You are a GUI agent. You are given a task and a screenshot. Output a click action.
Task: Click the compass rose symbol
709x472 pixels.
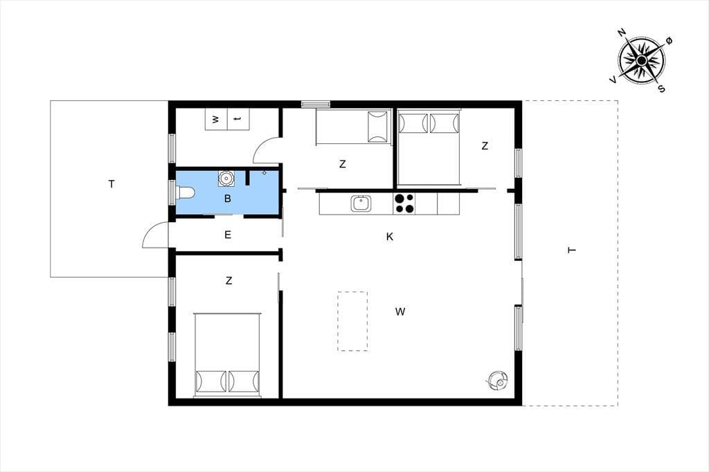pyautogui.click(x=641, y=60)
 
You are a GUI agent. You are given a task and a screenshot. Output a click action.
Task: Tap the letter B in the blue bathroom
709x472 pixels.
pyautogui.click(x=227, y=199)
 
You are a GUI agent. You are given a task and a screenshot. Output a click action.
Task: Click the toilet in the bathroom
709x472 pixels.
pyautogui.click(x=185, y=193)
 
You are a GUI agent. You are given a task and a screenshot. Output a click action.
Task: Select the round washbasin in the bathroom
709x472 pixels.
pyautogui.click(x=226, y=178)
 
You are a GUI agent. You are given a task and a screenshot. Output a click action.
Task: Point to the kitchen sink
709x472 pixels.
pyautogui.click(x=361, y=203)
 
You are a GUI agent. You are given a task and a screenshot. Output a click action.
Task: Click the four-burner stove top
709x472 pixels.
pyautogui.click(x=404, y=203)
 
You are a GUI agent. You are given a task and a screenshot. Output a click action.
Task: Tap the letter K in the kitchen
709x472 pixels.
pyautogui.click(x=389, y=237)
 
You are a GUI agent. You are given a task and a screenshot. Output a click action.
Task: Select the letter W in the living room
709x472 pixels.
pyautogui.click(x=400, y=311)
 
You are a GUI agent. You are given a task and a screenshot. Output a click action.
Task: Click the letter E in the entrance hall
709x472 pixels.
pyautogui.click(x=227, y=235)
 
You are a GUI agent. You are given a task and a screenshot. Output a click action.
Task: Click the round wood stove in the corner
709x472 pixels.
pyautogui.click(x=497, y=380)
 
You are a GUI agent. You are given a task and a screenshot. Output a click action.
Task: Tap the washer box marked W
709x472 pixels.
pyautogui.click(x=216, y=119)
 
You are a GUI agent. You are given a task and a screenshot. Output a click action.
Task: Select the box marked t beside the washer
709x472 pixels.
pyautogui.click(x=238, y=119)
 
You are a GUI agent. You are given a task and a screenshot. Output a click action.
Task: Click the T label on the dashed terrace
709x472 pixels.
pyautogui.click(x=571, y=250)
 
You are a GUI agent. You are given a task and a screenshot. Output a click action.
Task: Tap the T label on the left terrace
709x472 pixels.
pyautogui.click(x=111, y=184)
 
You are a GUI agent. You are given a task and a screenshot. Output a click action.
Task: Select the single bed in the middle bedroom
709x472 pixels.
pyautogui.click(x=352, y=127)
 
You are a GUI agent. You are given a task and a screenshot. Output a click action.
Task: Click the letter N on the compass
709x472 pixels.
pyautogui.click(x=621, y=32)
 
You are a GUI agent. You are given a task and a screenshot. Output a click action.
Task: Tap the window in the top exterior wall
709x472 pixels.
pyautogui.click(x=316, y=104)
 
